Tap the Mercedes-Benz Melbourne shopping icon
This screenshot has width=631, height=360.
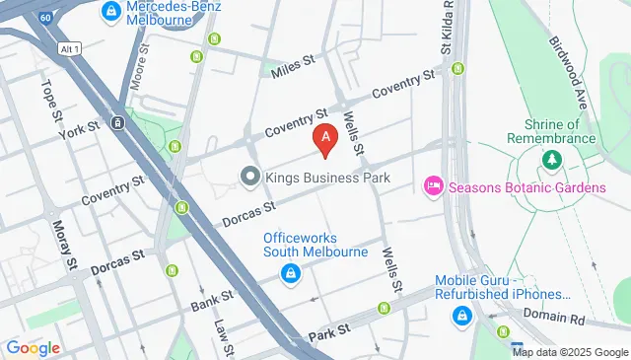(x=110, y=12)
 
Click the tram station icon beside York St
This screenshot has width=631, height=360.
(x=117, y=123)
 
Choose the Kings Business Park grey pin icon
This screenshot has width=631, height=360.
(x=249, y=178)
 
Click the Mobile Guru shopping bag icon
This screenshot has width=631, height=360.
(x=460, y=315)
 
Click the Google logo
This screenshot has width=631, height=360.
(x=32, y=348)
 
